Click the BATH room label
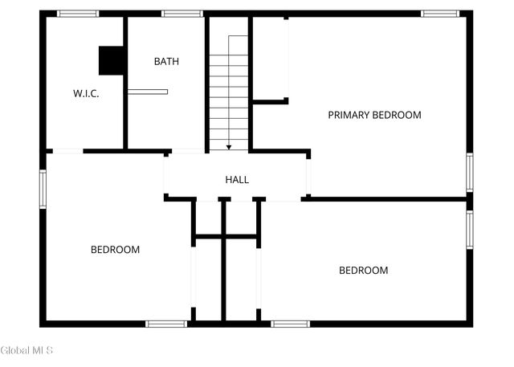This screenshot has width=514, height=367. pyautogui.click(x=166, y=61)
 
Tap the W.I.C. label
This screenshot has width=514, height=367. pyautogui.click(x=86, y=93)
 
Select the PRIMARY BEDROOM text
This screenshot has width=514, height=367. pyautogui.click(x=375, y=115)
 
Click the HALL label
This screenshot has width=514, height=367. pyautogui.click(x=237, y=180)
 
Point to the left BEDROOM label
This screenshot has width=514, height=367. pyautogui.click(x=115, y=250)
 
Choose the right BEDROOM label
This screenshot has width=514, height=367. pyautogui.click(x=364, y=271)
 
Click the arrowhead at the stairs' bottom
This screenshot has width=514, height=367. pyautogui.click(x=229, y=148)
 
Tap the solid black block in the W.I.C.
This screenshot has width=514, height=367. pyautogui.click(x=111, y=60)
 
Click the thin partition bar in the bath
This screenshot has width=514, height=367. pyautogui.click(x=148, y=92)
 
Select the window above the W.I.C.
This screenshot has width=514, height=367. pyautogui.click(x=78, y=14)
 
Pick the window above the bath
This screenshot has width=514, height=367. pyautogui.click(x=182, y=14)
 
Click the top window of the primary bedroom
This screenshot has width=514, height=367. pyautogui.click(x=440, y=14)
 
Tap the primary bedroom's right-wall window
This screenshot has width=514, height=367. pyautogui.click(x=470, y=173)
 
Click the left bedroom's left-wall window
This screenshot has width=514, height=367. pyautogui.click(x=43, y=189)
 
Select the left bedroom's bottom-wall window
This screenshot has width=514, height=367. pyautogui.click(x=166, y=324)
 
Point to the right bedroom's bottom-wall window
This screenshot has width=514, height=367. pyautogui.click(x=291, y=324)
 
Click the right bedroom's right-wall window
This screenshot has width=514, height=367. pyautogui.click(x=470, y=230)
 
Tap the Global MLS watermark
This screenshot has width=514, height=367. pyautogui.click(x=27, y=350)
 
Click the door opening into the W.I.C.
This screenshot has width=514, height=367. pyautogui.click(x=67, y=151)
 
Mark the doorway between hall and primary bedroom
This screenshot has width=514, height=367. pyautogui.click(x=308, y=177)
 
